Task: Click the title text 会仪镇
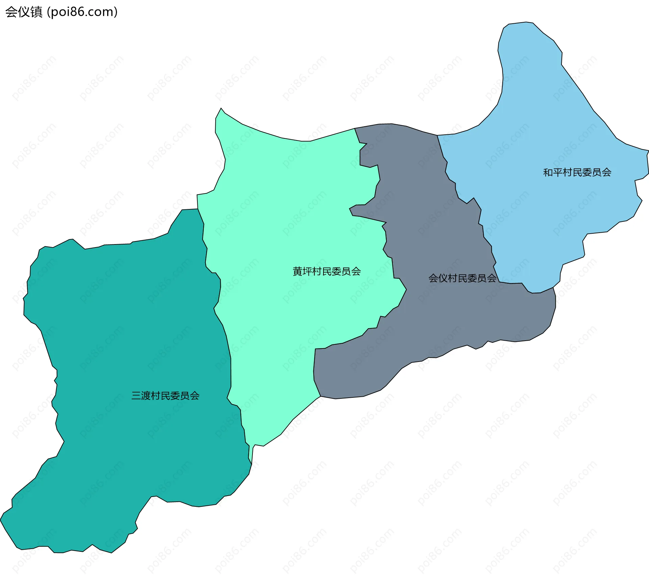tap(24, 12)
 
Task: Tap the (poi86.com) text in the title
tap(82, 12)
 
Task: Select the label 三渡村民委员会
tap(165, 396)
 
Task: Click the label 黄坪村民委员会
tap(327, 271)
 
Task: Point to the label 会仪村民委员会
tap(462, 278)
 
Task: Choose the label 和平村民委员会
tap(577, 173)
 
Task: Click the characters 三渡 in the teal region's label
tap(141, 396)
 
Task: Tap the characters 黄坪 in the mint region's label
tap(302, 271)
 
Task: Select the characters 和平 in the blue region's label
tap(553, 173)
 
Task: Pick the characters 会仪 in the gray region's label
tap(438, 278)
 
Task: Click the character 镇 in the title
tap(36, 12)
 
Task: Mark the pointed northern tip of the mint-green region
tap(221, 109)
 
